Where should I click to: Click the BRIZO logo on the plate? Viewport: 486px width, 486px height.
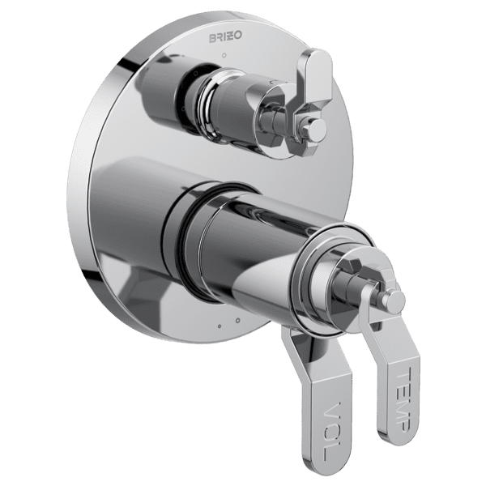tap(225, 36)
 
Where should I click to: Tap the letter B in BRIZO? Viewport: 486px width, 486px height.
tap(212, 38)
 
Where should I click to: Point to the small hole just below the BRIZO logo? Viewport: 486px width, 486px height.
tap(224, 55)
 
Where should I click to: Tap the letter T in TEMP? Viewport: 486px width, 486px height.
tap(404, 373)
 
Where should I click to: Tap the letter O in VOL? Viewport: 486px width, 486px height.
tap(332, 430)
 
